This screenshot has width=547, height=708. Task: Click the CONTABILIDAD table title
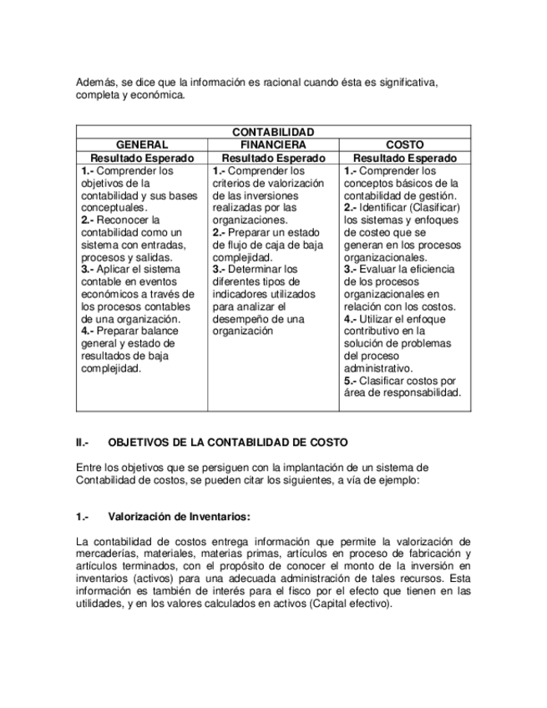coord(273,132)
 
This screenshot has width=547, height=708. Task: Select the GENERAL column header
coord(142,144)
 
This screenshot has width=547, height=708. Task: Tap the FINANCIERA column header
coord(272,144)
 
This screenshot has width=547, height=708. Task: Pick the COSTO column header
coord(404,144)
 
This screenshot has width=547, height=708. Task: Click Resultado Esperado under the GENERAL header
coord(142,158)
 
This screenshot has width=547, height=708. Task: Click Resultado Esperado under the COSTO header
coord(404,158)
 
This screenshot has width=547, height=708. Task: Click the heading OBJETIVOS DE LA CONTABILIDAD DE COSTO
coord(228,442)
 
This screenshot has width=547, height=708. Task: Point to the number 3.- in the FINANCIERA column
coord(220,270)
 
